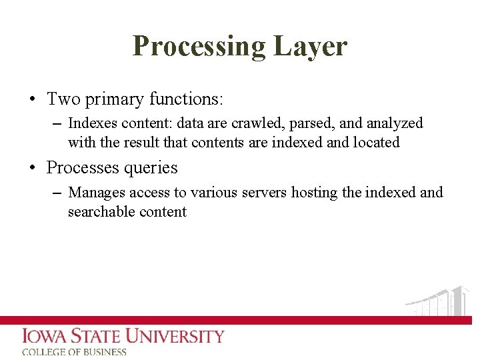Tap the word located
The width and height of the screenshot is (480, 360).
click(376, 142)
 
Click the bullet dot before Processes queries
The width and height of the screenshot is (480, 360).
click(32, 169)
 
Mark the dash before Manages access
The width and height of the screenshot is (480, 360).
click(56, 193)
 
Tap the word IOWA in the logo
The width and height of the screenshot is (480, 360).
click(46, 336)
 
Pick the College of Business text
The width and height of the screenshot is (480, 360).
click(74, 352)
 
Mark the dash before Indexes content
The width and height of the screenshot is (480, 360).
click(56, 123)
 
